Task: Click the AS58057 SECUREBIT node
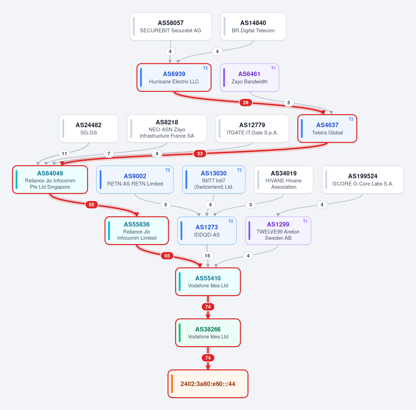click(x=171, y=26)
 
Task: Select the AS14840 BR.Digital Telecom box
click(x=253, y=26)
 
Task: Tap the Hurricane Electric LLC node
click(x=174, y=77)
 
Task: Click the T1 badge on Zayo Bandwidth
click(x=273, y=68)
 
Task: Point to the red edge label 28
click(x=246, y=102)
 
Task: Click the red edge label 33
click(x=200, y=154)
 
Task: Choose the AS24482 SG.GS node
click(x=89, y=129)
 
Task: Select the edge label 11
click(x=64, y=154)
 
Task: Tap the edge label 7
click(x=109, y=154)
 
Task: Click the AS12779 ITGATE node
click(x=252, y=129)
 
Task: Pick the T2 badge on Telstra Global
click(x=351, y=119)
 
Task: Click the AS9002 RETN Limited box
click(x=135, y=180)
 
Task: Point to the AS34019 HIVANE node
click(x=284, y=180)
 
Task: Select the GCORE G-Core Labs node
click(x=363, y=180)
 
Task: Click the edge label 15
click(x=207, y=256)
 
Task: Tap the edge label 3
click(x=250, y=205)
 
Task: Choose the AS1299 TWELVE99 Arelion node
click(x=278, y=231)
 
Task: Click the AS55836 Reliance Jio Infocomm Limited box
click(x=137, y=231)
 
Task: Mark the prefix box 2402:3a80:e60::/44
click(x=208, y=384)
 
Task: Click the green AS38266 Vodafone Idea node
click(x=208, y=333)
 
